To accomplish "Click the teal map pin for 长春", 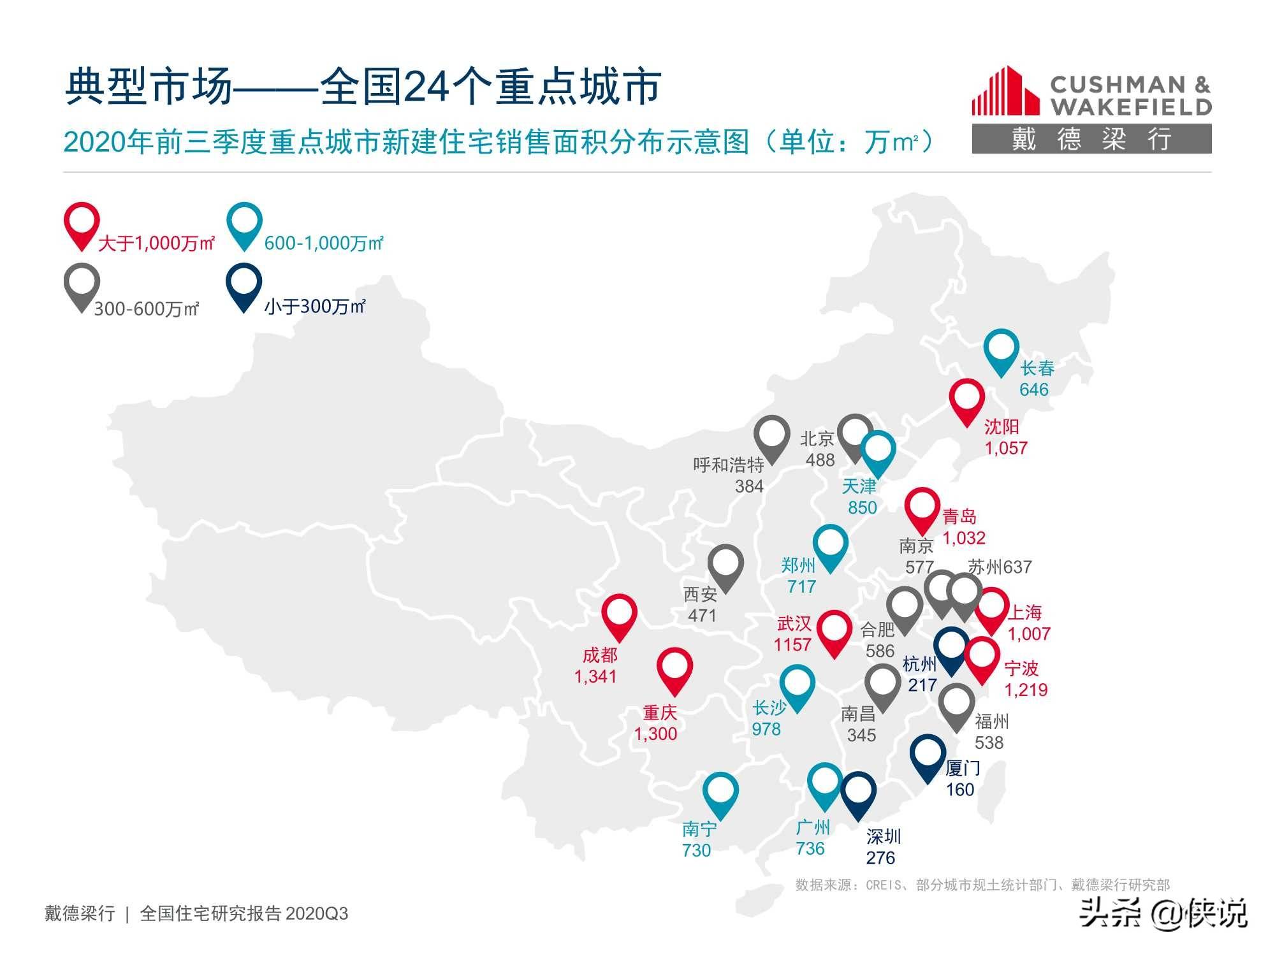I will pos(1001,349).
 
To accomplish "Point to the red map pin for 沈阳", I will pos(966,399).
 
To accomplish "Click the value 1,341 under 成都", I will pos(595,676).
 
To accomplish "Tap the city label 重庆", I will pos(659,713).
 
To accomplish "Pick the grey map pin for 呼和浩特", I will pos(771,436).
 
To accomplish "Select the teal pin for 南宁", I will pos(720,792).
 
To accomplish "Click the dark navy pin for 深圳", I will pos(857,792).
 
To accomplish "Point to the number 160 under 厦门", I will pos(959,790).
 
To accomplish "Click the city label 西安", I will pos(700,595).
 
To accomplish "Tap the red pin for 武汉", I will pos(834,630).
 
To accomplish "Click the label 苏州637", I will pos(999,567).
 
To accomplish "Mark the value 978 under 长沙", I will pos(766,729).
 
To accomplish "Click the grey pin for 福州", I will pos(956,704).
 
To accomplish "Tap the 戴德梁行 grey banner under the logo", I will pos(1091,139).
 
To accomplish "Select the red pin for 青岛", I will pos(922,507).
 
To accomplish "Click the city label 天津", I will pos(859,487).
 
